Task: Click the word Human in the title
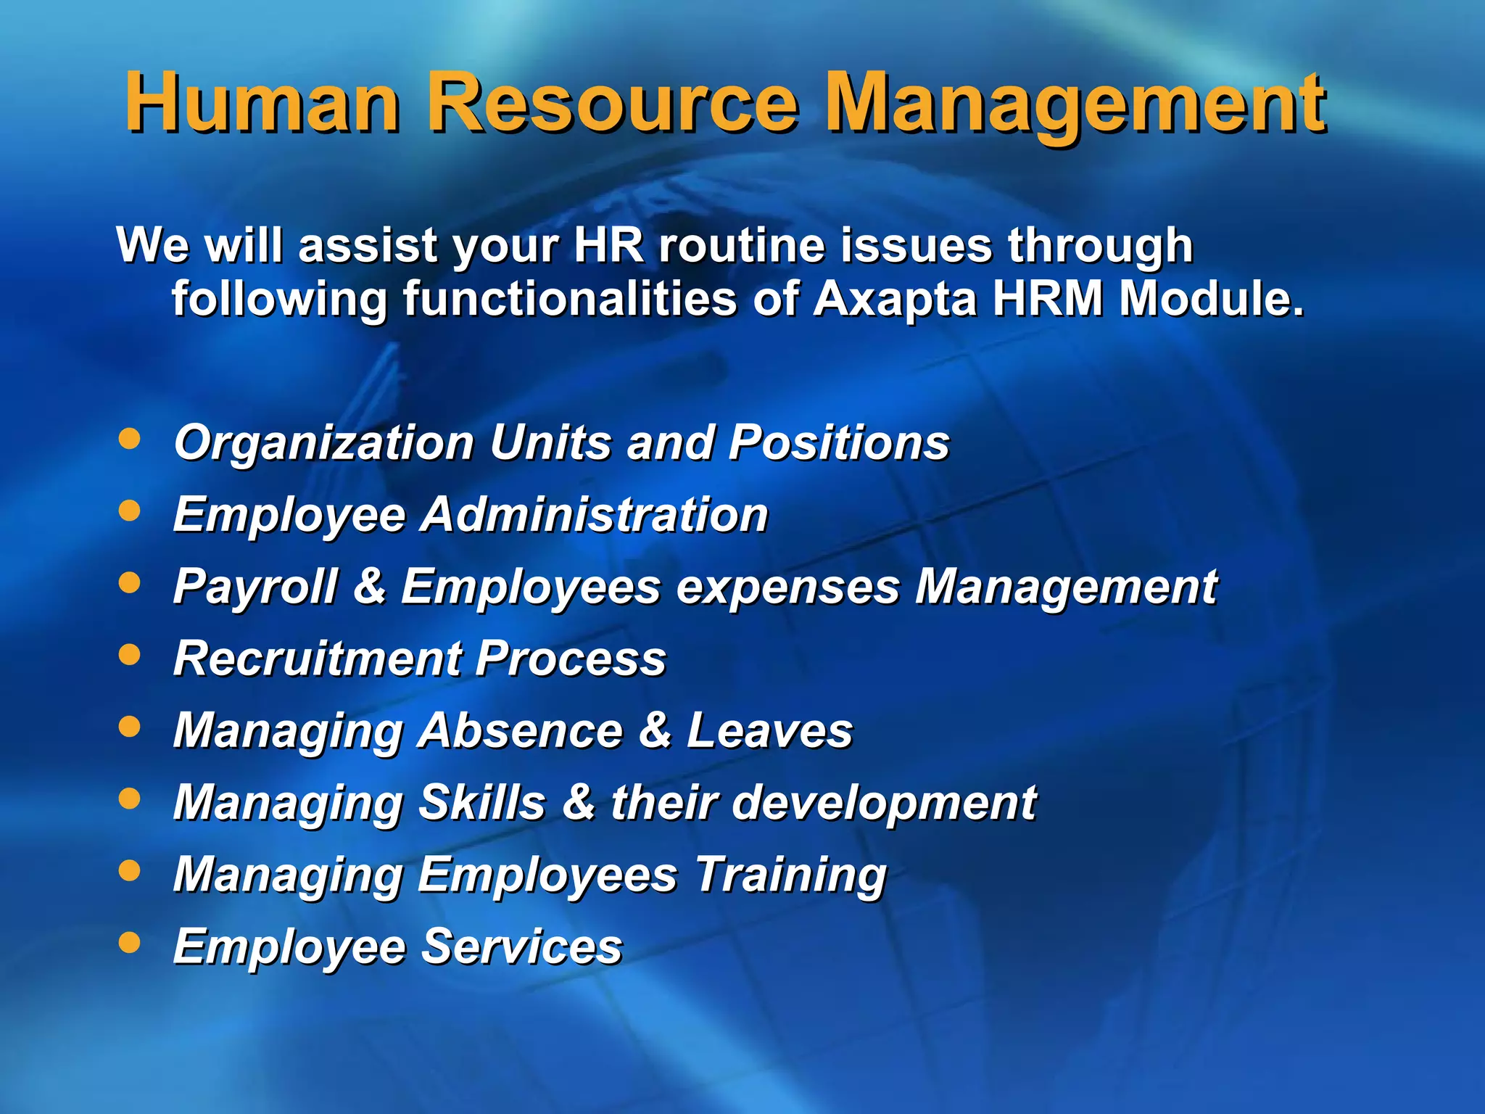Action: (262, 103)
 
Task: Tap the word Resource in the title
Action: (612, 103)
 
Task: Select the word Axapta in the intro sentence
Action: (895, 299)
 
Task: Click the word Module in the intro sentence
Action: (1211, 299)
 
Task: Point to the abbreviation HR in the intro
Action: (608, 245)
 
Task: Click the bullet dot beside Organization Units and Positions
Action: (129, 439)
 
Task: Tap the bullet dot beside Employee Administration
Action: (129, 511)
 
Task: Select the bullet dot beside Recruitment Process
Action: (129, 655)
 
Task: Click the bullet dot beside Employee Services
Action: (129, 942)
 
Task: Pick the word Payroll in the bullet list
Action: (255, 587)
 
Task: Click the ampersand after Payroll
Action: (370, 586)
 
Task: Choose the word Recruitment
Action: (318, 659)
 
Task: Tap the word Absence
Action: (521, 730)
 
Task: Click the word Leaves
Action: (769, 730)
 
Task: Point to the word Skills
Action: (482, 802)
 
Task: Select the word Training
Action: (791, 875)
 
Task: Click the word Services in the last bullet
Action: (521, 946)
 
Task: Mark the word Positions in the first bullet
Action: (839, 442)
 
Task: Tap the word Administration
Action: (595, 515)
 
